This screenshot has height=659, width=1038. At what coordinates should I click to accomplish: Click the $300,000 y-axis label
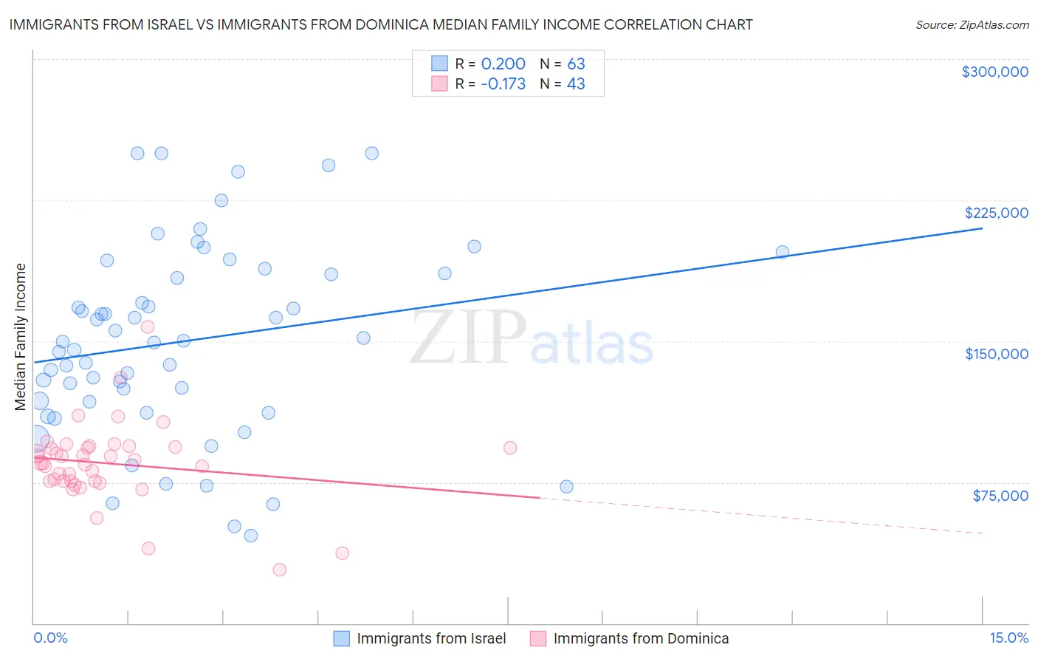(994, 72)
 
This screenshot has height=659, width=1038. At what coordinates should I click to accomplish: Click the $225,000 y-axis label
(996, 213)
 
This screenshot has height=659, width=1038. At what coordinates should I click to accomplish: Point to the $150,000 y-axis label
(996, 354)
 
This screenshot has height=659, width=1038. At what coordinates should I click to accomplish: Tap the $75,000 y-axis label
(1000, 496)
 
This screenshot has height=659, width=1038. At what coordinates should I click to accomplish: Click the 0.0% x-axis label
(50, 638)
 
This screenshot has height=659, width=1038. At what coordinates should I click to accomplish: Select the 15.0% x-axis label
(1008, 638)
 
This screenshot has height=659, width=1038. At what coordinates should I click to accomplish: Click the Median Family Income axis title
(20, 336)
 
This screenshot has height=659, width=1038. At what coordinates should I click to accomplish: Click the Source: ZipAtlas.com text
(972, 24)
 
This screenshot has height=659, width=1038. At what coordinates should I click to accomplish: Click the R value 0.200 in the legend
(503, 64)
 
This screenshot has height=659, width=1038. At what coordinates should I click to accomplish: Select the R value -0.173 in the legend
(503, 84)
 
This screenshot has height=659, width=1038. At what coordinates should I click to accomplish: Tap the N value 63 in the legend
(576, 64)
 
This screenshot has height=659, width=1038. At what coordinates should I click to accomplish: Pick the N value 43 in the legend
(576, 84)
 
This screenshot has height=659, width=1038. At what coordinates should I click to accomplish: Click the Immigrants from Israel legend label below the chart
(431, 638)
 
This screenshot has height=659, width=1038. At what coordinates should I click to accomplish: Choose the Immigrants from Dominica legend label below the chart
(641, 638)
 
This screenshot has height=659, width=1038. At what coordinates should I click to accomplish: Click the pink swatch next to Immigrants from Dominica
(538, 638)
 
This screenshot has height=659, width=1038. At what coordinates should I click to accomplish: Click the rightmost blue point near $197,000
(783, 252)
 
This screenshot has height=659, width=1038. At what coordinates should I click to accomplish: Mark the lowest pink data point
(279, 570)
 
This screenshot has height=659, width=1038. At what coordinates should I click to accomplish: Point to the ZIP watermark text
(467, 337)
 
